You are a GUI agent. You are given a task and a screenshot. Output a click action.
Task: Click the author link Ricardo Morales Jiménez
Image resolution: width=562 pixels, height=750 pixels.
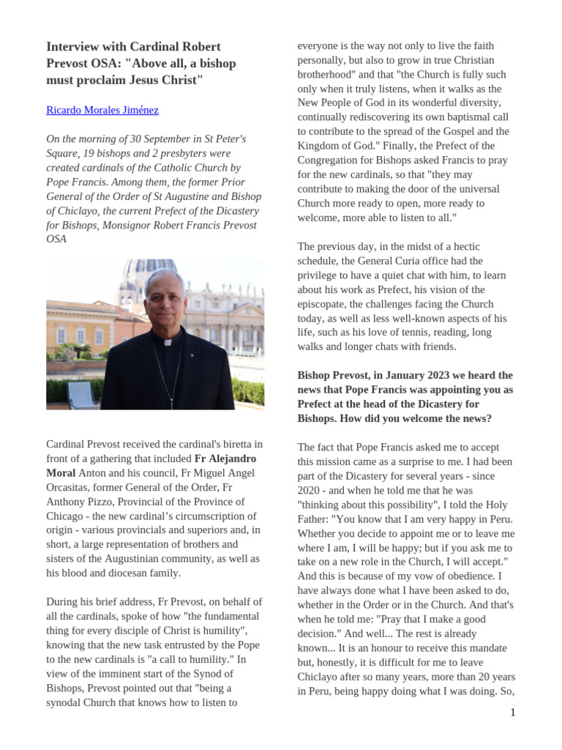(102, 111)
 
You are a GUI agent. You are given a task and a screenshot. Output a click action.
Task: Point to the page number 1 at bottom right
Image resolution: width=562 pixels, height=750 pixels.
(513, 712)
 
